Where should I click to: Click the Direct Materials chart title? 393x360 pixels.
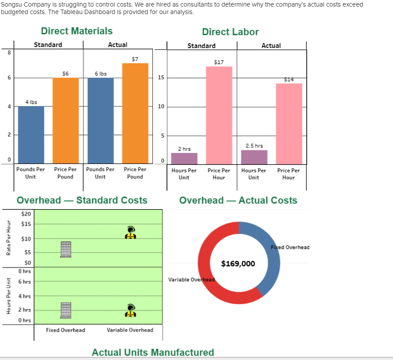point(77,31)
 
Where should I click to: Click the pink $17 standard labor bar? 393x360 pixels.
point(219,115)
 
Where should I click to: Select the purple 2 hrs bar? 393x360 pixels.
point(184,158)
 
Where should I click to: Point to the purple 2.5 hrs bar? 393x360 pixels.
point(254,157)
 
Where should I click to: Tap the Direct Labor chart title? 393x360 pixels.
point(230,32)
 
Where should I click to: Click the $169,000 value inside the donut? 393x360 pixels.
point(238,264)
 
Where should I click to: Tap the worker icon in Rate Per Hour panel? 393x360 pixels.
point(130,232)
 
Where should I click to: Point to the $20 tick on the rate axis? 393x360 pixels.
point(26,214)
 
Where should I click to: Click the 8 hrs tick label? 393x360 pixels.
point(25,271)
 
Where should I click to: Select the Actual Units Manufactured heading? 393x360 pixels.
point(153,352)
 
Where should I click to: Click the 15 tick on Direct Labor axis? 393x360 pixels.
point(161,78)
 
